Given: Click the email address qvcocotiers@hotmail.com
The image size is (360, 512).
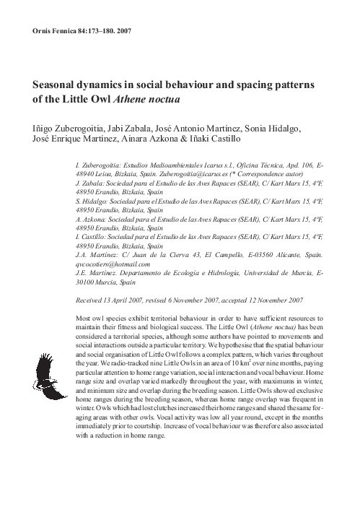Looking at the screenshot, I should pyautogui.click(x=113, y=264).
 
